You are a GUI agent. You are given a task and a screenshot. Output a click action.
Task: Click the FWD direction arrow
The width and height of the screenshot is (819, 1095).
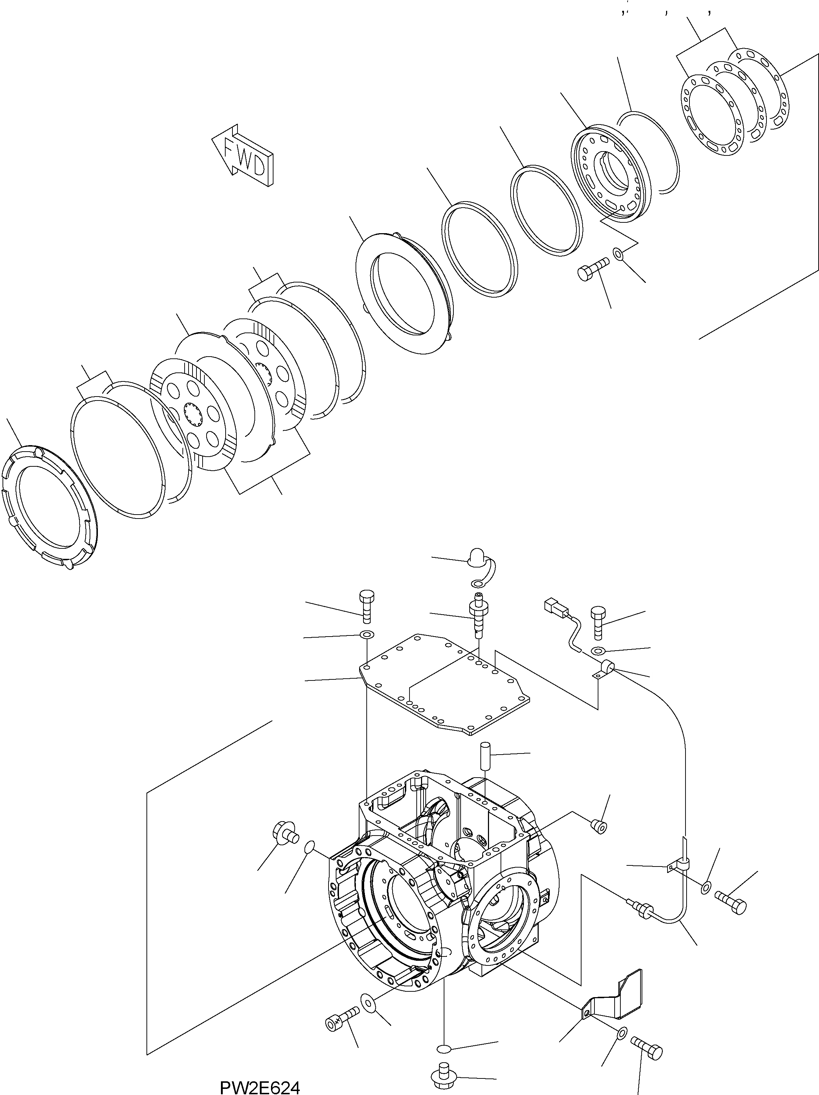point(243,155)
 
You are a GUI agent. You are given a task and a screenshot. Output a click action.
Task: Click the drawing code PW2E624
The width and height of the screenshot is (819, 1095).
point(259,1087)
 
